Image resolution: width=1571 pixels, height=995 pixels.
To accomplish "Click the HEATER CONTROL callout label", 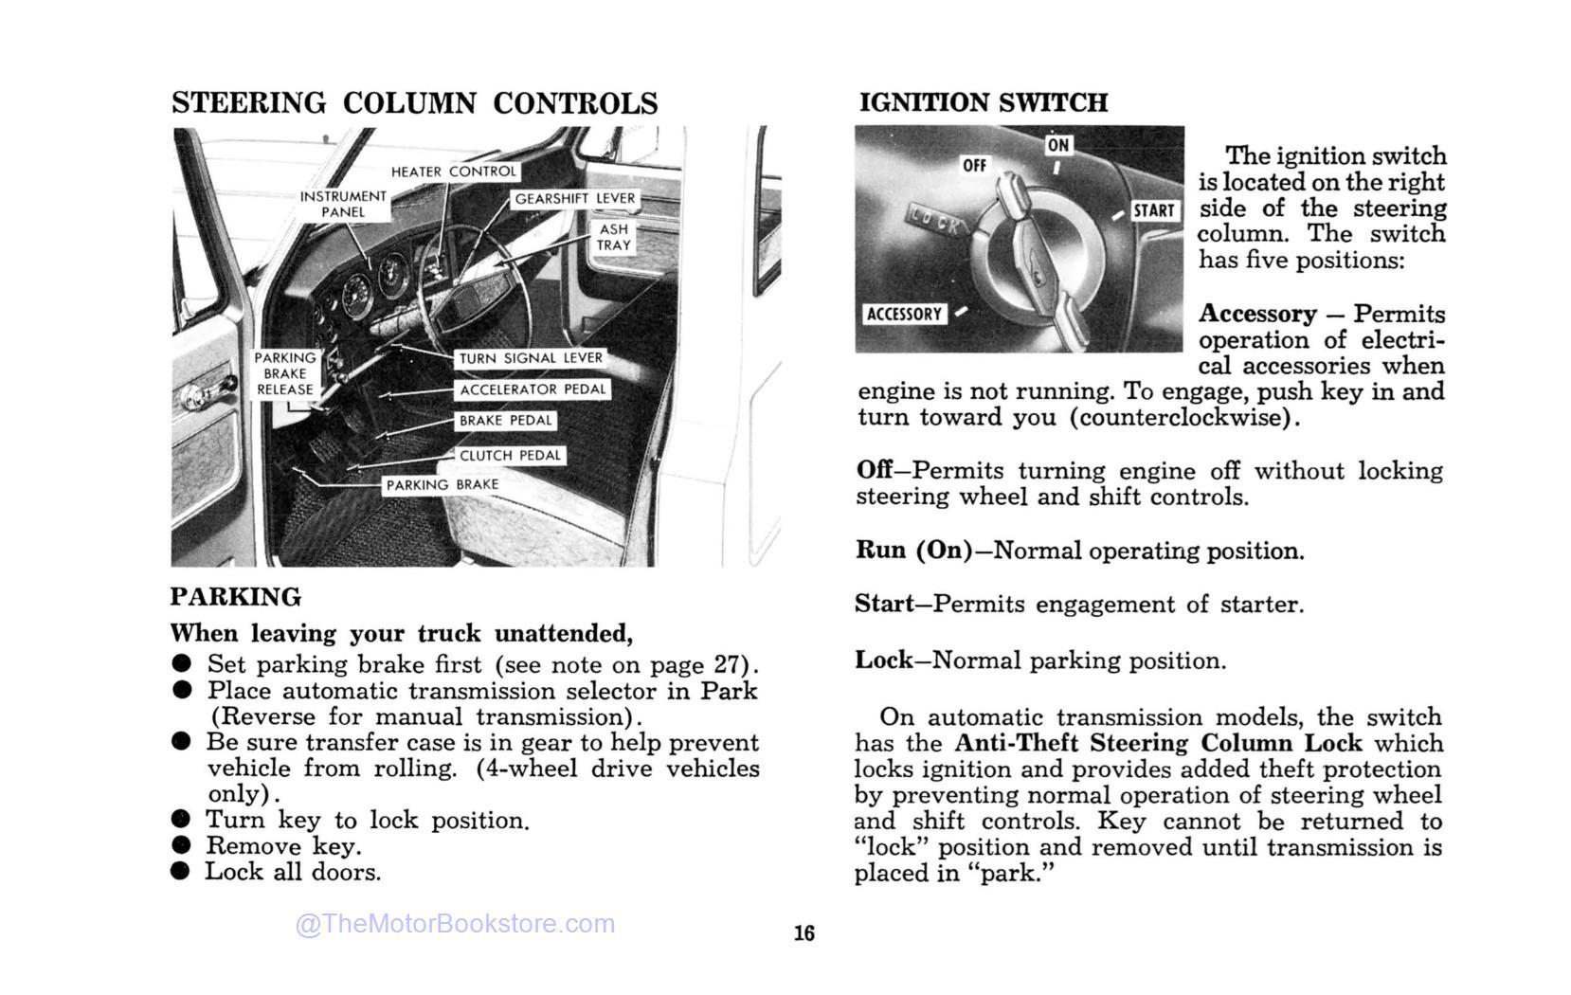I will click(x=454, y=172).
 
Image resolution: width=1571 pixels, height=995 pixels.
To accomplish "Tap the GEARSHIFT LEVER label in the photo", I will click(x=574, y=199).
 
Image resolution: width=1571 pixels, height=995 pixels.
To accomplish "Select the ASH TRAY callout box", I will click(x=613, y=237).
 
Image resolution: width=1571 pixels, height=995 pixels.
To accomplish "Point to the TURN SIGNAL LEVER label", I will click(x=531, y=358).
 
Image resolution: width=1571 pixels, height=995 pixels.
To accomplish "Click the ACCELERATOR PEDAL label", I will click(x=533, y=389).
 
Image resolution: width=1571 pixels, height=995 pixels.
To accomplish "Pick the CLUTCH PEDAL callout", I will click(x=510, y=456).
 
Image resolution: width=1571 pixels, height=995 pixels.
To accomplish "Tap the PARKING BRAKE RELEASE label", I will click(x=284, y=373).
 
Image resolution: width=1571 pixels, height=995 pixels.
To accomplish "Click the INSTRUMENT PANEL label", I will click(x=343, y=204).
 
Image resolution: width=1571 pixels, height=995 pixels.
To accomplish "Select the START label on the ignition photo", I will click(x=1153, y=210).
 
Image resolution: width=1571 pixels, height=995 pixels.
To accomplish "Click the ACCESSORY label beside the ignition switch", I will click(x=904, y=314).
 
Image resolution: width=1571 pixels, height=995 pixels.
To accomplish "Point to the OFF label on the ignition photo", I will click(x=974, y=166).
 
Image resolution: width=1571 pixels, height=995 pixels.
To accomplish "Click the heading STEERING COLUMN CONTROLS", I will click(x=415, y=103).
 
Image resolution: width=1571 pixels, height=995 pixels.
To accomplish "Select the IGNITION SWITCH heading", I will click(x=983, y=102).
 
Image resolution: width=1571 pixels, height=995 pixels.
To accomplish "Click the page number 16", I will click(x=804, y=933).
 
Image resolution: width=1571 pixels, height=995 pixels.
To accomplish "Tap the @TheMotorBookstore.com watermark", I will click(x=456, y=924).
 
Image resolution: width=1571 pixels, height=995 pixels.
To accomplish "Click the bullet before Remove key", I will click(x=181, y=845).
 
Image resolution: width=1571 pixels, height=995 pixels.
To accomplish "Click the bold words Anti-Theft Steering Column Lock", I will click(x=1158, y=743).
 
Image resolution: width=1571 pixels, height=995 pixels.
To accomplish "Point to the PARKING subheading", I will click(x=236, y=597).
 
